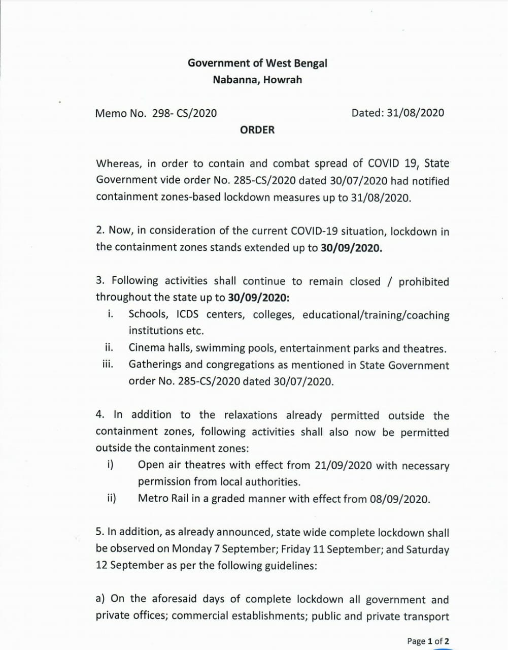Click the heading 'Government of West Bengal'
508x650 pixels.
click(257, 63)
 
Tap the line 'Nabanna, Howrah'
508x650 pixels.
click(257, 80)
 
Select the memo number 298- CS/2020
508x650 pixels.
click(184, 113)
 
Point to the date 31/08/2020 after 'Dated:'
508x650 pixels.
click(415, 113)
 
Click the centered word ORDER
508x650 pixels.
click(257, 130)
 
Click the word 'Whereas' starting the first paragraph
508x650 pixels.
click(118, 164)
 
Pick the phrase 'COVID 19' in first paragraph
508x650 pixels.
click(391, 164)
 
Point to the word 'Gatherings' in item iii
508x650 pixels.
click(154, 365)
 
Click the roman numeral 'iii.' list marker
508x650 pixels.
click(107, 364)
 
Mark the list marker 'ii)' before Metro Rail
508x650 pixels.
click(111, 498)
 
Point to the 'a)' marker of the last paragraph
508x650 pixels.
click(100, 599)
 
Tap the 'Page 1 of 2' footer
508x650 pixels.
click(428, 641)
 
